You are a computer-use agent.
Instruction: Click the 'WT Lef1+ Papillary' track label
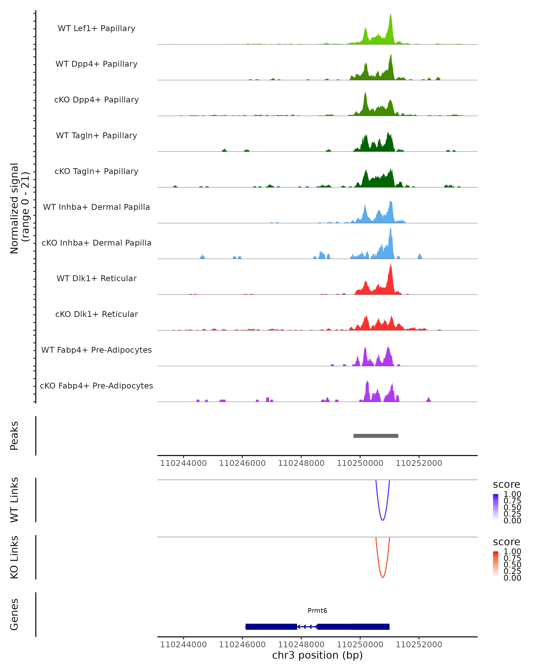(x=96, y=28)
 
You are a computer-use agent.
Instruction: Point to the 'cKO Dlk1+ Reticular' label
(x=96, y=314)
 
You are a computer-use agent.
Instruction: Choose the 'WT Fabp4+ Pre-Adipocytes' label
(x=96, y=350)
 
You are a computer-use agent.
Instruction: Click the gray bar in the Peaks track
(x=376, y=436)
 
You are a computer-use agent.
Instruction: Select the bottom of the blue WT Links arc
(x=383, y=520)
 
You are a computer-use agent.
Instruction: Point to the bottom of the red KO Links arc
(x=383, y=577)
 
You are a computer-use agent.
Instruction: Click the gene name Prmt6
(x=317, y=611)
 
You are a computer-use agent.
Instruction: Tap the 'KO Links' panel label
(x=14, y=557)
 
